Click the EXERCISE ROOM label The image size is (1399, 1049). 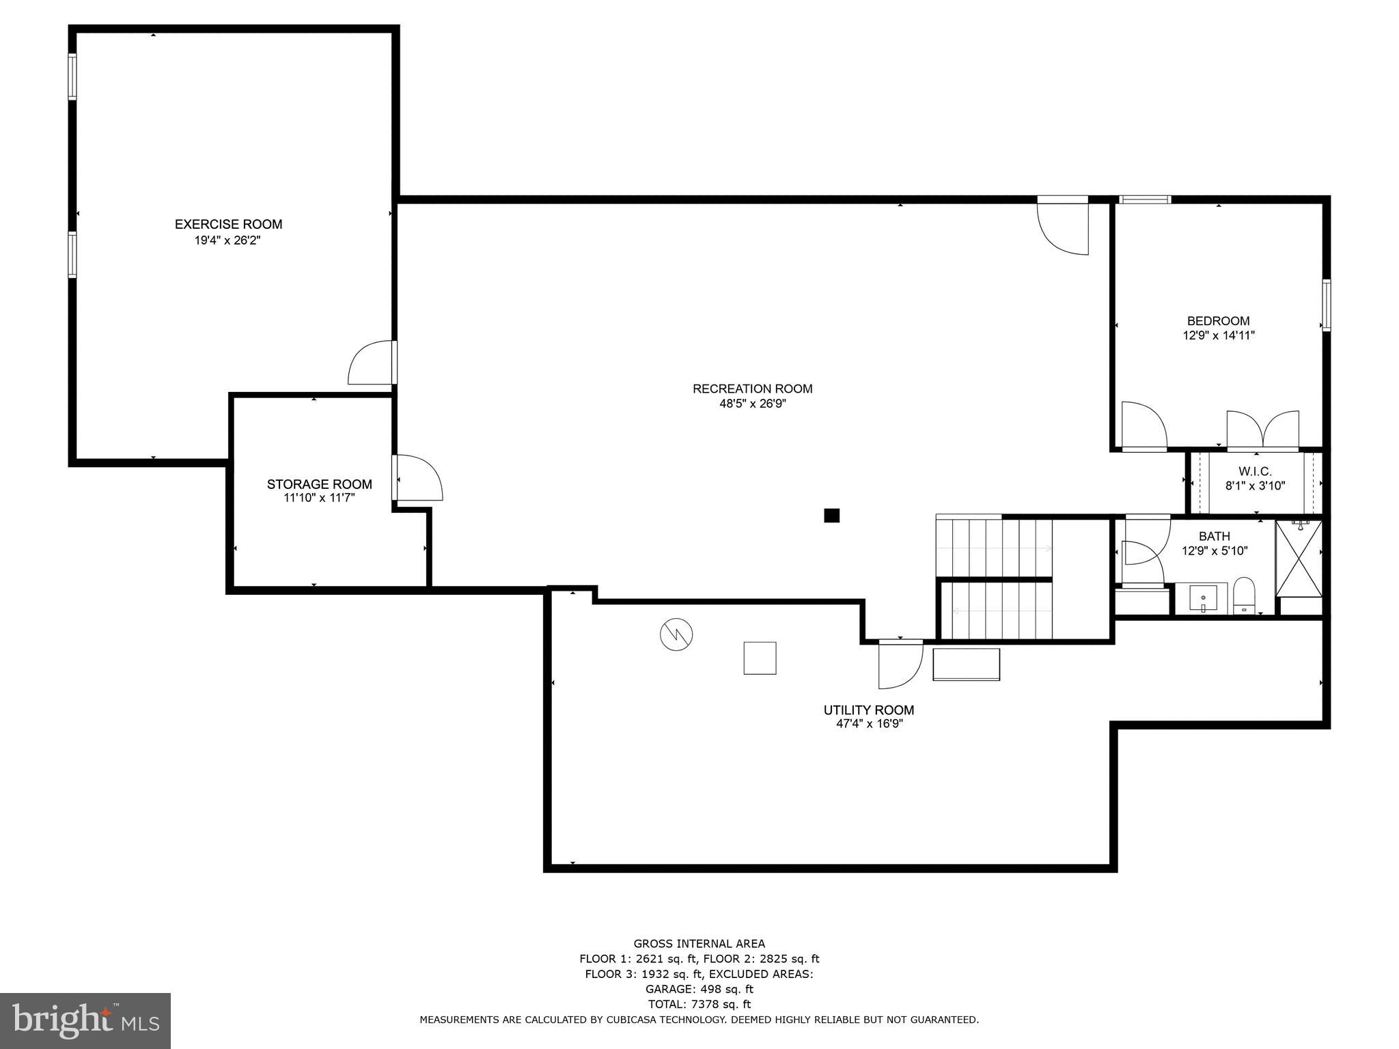228,224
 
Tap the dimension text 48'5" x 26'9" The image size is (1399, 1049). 752,404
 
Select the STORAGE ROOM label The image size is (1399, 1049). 319,484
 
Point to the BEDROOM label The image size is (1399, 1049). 1218,321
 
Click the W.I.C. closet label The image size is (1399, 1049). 1255,472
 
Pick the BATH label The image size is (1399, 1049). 1214,537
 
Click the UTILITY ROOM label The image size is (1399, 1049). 868,710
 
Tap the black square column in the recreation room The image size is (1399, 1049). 831,516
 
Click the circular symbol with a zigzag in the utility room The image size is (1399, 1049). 676,635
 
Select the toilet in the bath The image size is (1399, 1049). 1244,596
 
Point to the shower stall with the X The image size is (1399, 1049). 1299,559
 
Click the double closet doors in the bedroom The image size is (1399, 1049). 1262,430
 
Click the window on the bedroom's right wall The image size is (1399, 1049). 1326,305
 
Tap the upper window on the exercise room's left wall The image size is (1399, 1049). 72,76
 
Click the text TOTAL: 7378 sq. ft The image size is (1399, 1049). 699,1004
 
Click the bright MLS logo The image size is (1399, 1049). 85,1021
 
